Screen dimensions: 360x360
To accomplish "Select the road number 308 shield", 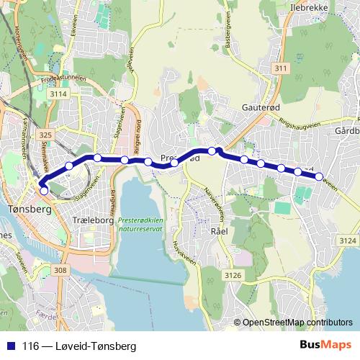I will click(x=61, y=270).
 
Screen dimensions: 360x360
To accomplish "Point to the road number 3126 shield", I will click(x=233, y=275).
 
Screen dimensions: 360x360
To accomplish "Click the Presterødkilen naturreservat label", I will click(x=143, y=228).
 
